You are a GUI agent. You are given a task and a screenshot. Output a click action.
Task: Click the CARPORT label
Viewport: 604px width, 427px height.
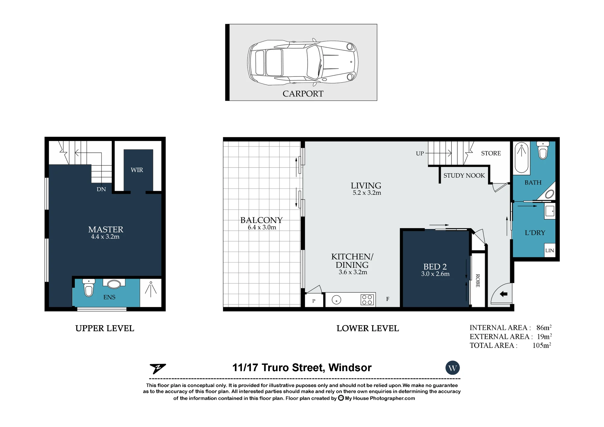tap(303, 94)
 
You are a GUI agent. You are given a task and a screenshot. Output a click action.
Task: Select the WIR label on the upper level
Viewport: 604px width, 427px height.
tap(137, 170)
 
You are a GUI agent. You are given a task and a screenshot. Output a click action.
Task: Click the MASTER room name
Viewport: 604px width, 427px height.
tap(106, 230)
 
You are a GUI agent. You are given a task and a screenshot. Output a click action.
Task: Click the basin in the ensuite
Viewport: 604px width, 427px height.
tap(114, 284)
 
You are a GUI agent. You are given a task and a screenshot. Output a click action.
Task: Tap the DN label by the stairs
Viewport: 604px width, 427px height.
tap(101, 189)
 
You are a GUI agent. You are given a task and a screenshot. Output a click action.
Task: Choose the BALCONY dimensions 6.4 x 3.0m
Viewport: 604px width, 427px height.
tap(262, 227)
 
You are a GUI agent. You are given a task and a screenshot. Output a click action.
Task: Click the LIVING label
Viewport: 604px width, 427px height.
tap(366, 185)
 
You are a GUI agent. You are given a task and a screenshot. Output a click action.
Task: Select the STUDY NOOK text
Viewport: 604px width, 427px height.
tap(464, 175)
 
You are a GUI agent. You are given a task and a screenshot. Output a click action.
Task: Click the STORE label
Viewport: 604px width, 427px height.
tap(491, 153)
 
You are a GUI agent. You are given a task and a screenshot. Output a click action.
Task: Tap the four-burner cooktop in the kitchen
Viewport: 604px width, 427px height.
tap(367, 300)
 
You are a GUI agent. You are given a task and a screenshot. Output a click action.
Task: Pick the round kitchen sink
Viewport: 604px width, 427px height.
tap(336, 300)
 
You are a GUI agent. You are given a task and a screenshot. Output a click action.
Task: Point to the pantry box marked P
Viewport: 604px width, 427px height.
tap(314, 300)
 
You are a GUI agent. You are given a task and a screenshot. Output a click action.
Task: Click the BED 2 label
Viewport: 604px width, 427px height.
tap(435, 267)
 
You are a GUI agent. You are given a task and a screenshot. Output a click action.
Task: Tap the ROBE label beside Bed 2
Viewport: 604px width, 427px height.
tap(478, 281)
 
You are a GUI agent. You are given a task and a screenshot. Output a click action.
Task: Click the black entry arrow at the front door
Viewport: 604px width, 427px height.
tap(503, 294)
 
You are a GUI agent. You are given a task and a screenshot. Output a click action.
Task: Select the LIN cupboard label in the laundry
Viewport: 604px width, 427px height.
tap(550, 250)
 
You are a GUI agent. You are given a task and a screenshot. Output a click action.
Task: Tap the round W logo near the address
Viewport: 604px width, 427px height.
tap(452, 368)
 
